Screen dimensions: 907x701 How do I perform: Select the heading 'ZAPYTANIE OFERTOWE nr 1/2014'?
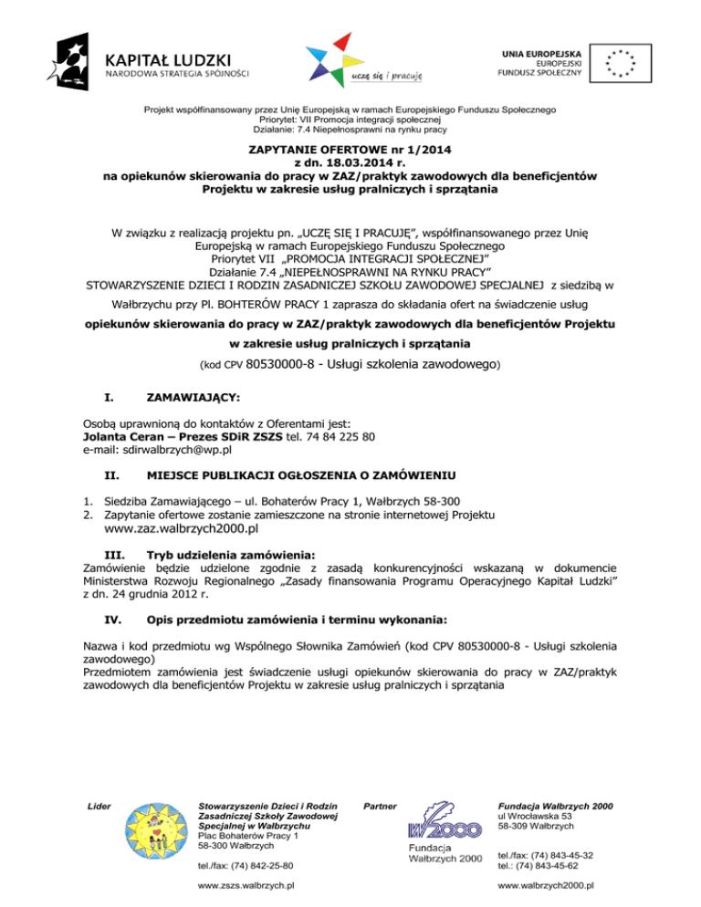[350, 149]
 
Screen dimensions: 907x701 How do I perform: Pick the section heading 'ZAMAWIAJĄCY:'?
[194, 398]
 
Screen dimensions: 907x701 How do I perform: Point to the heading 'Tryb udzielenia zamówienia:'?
[232, 553]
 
